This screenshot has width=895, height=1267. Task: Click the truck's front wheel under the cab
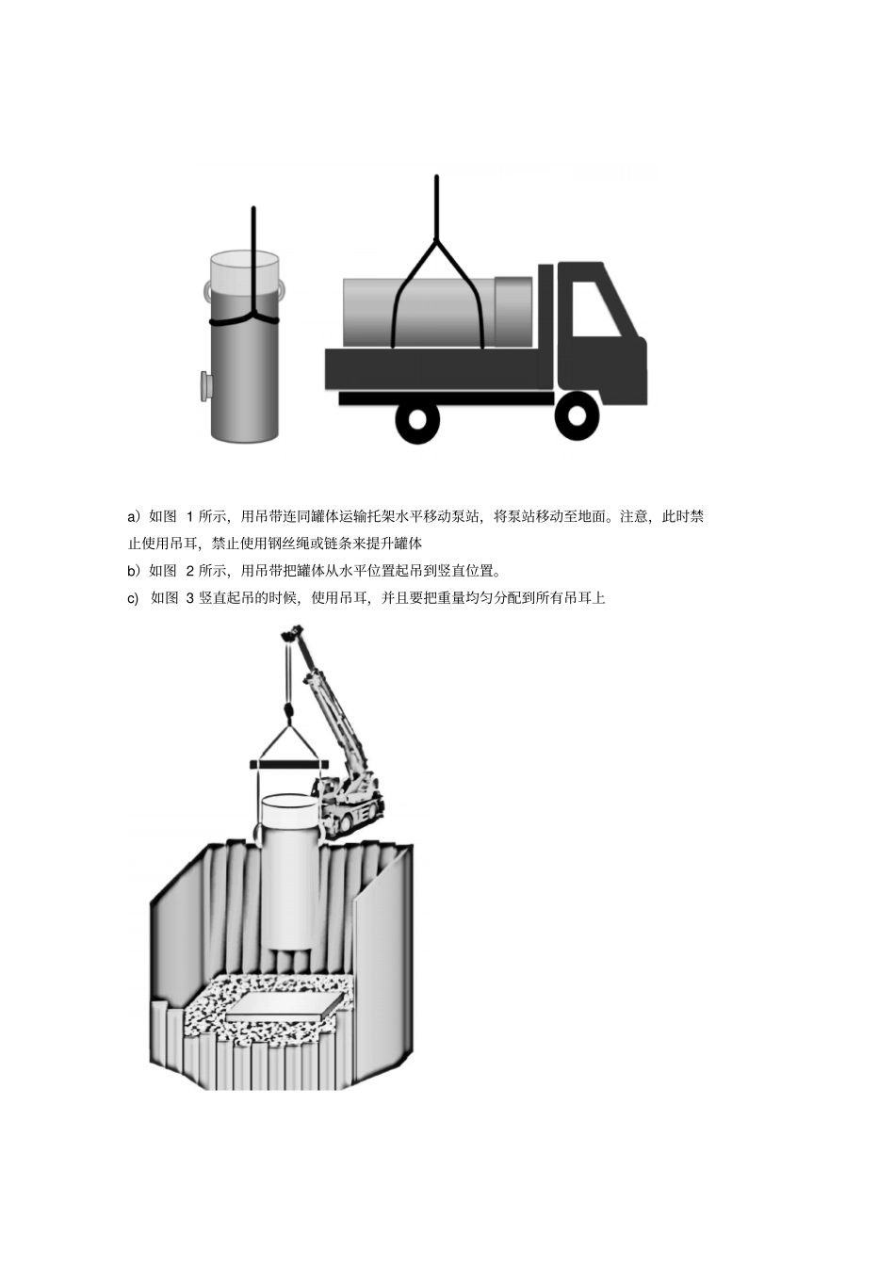pos(576,415)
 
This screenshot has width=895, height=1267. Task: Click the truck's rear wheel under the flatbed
pos(417,421)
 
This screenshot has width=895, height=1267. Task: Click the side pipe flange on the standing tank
pos(204,386)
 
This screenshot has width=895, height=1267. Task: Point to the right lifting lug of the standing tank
pos(282,288)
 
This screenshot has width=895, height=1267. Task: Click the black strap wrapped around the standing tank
pos(244,320)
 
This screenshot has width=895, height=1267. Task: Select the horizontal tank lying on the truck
pos(437,312)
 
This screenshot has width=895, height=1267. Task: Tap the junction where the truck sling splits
pos(436,240)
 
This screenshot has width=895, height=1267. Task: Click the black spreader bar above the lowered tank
pos(288,765)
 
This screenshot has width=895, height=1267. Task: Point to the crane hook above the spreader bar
pos(288,712)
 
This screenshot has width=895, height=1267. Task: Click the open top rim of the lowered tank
pos(290,802)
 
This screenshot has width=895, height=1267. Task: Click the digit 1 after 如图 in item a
pos(190,516)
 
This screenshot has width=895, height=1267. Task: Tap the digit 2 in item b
pos(190,571)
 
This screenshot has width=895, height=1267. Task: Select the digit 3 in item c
pos(190,598)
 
